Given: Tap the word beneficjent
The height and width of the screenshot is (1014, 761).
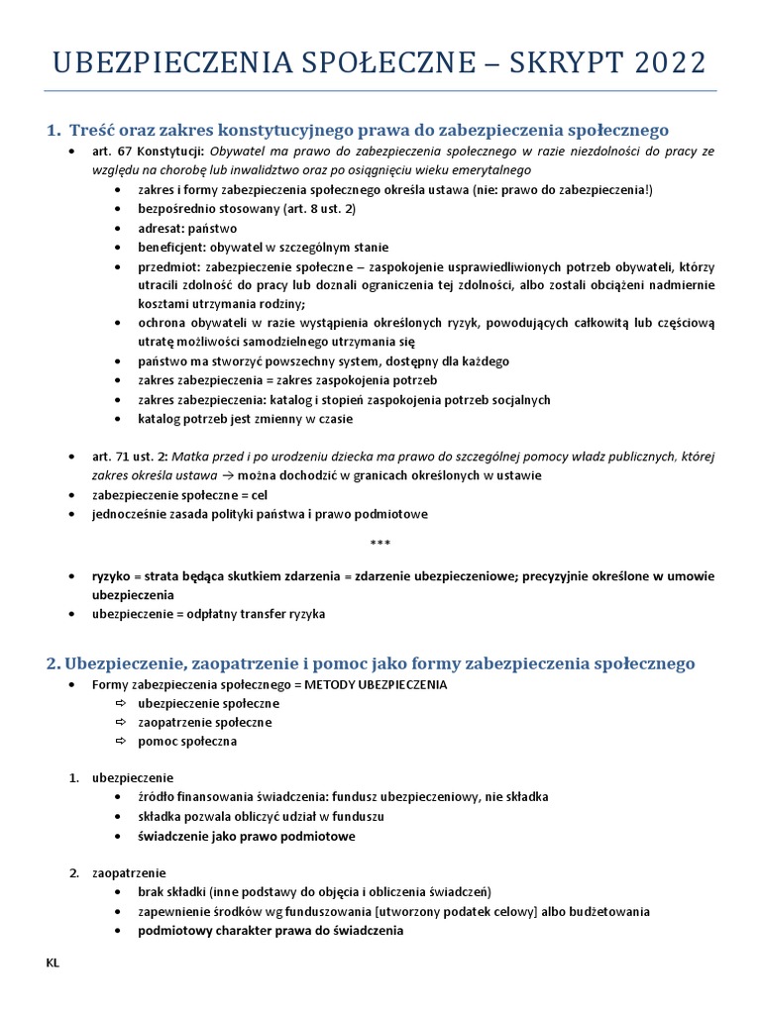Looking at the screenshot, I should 169,248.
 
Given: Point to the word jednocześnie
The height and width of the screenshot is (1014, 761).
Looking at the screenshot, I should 129,514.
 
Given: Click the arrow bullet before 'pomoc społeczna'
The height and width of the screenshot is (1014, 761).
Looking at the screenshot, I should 121,741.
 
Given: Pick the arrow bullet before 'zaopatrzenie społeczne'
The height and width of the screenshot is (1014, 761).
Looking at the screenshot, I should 121,722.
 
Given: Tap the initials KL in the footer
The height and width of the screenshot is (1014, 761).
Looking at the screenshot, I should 53,962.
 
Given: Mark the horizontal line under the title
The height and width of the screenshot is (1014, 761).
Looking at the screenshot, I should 380,91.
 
